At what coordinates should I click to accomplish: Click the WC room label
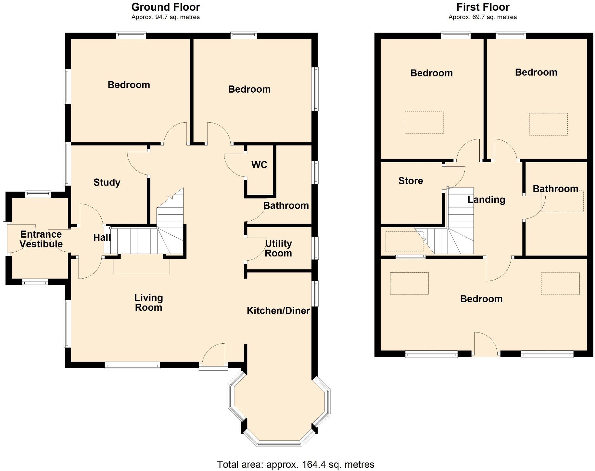[x=259, y=165]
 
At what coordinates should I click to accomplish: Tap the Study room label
[x=107, y=182]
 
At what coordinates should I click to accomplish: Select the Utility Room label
[x=278, y=248]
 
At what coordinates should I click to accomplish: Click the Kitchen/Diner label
[x=278, y=311]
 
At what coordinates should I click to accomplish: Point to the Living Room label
[x=148, y=303]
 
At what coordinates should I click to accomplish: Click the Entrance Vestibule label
[x=41, y=239]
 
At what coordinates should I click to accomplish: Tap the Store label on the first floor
[x=411, y=181]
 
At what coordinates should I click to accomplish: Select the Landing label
[x=486, y=200]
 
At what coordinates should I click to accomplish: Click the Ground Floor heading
[x=166, y=7]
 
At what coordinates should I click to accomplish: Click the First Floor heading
[x=483, y=7]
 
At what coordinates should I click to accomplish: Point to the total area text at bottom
[x=296, y=464]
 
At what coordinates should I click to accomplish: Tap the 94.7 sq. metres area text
[x=166, y=17]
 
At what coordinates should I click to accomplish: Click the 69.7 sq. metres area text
[x=483, y=17]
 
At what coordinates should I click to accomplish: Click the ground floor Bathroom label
[x=286, y=206]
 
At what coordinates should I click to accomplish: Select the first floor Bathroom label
[x=555, y=189]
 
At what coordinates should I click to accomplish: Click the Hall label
[x=102, y=238]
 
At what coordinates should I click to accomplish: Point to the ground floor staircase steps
[x=136, y=241]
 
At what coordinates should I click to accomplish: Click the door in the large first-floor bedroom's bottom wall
[x=486, y=345]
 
